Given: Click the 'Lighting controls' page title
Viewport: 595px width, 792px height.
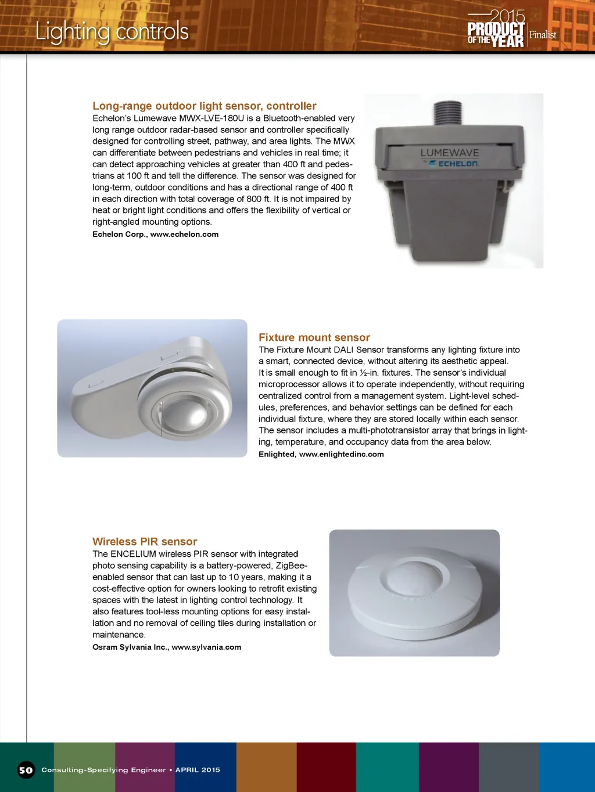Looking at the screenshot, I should (x=112, y=31).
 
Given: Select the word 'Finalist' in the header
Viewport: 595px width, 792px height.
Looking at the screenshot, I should (x=543, y=35).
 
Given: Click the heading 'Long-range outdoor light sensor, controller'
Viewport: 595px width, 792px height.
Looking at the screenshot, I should (x=205, y=106).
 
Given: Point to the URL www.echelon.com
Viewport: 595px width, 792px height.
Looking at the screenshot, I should (x=184, y=235).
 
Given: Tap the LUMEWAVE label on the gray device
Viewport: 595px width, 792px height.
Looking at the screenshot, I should (x=450, y=153).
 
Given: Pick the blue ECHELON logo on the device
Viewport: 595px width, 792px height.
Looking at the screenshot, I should (x=457, y=164).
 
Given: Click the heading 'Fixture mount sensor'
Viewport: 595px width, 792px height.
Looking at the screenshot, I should (x=314, y=337).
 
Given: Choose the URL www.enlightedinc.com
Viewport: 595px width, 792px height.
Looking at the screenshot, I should (x=342, y=455).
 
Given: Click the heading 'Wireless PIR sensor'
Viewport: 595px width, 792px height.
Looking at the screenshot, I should (x=145, y=542).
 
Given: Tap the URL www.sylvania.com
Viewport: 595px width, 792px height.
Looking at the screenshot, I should (x=206, y=647).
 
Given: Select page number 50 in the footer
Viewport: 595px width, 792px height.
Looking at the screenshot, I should (x=26, y=770).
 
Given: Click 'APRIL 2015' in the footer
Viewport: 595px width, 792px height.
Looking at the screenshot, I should (x=198, y=770).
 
